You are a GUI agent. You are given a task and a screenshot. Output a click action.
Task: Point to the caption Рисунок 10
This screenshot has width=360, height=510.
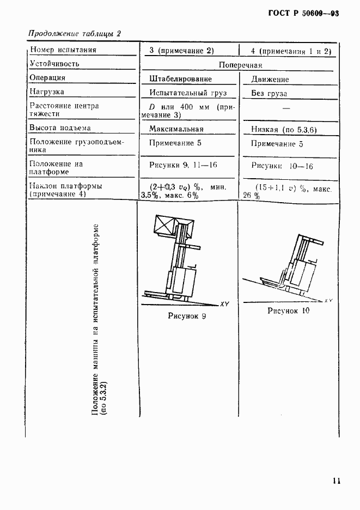(289, 311)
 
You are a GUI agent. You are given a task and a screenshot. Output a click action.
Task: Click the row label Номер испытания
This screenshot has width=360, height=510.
(63, 50)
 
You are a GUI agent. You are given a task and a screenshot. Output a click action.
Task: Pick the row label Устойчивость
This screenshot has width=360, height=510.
(54, 64)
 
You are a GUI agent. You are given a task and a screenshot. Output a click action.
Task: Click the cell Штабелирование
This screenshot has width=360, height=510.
(181, 79)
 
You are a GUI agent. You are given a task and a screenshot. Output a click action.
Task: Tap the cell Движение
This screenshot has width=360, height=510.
(270, 80)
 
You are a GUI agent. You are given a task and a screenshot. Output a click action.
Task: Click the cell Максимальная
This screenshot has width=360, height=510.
(177, 129)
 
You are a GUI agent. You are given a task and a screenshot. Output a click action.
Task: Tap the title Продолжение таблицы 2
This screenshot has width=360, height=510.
(74, 33)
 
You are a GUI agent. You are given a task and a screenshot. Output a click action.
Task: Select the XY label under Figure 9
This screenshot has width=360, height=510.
(225, 303)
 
